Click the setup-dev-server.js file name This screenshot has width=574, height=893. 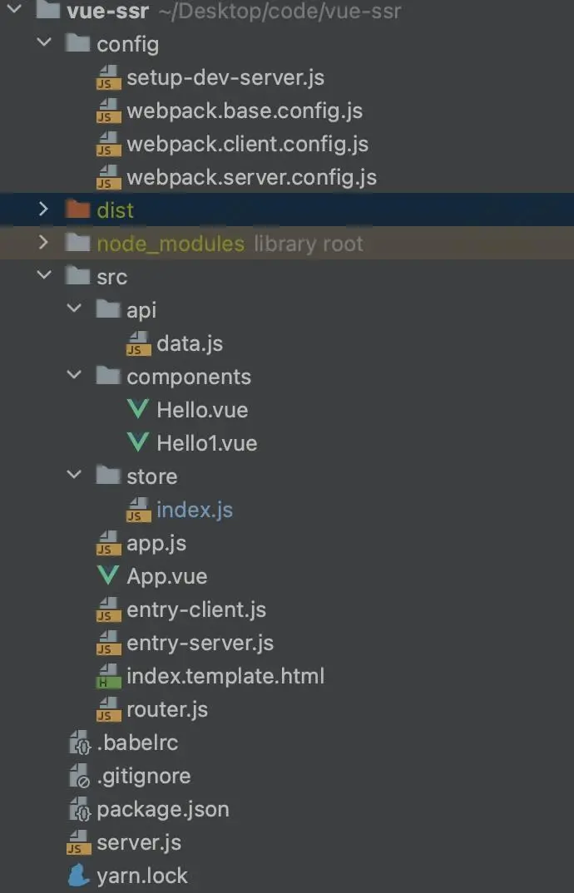225,78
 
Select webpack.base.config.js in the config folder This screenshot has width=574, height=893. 245,111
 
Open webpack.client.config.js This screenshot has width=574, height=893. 247,144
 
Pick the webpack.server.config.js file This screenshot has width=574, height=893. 251,178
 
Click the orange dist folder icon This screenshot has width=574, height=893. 77,210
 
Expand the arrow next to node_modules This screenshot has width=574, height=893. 43,243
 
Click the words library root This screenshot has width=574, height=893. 309,244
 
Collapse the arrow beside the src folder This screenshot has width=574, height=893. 43,276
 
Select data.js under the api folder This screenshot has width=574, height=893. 189,344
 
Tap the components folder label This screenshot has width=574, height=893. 189,377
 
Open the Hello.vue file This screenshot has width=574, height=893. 202,410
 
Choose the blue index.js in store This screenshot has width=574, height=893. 195,511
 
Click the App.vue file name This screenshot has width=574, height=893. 167,576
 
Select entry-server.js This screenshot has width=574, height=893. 200,644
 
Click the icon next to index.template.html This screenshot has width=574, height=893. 108,676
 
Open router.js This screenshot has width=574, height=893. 167,709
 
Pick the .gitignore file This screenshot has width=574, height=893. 144,777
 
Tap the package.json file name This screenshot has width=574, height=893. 163,810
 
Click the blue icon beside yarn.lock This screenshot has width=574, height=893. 79,876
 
